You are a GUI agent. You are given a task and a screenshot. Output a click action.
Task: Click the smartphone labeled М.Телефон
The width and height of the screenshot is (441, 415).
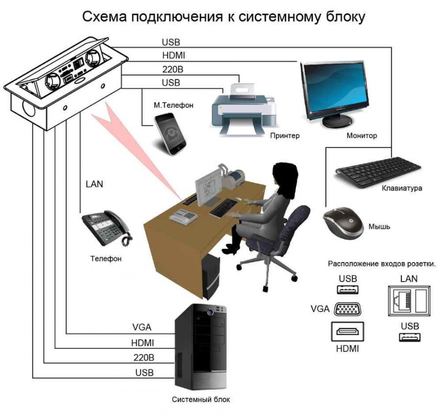click(170, 134)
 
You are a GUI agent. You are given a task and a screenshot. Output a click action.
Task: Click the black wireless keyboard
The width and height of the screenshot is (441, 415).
click(378, 172)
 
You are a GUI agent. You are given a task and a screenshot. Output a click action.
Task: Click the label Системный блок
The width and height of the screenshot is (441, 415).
click(201, 399)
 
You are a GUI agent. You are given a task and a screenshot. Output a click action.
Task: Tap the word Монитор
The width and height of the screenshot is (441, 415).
click(362, 135)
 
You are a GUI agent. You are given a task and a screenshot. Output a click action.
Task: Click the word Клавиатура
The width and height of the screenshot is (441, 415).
click(402, 188)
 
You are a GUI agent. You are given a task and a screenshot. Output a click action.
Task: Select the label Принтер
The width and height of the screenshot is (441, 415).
click(285, 136)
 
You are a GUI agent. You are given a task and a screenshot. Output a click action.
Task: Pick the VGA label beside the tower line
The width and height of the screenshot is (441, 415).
click(142, 327)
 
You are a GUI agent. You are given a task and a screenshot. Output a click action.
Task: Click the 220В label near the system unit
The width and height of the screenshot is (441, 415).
click(144, 358)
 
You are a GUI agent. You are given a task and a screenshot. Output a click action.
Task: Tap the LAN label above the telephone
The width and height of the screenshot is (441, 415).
click(94, 184)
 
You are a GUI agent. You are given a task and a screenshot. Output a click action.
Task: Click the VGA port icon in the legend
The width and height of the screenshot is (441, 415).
click(347, 309)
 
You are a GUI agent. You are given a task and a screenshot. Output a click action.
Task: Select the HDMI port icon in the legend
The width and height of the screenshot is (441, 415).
click(347, 332)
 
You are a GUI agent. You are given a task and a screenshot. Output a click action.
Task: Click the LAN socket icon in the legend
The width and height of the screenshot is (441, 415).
click(409, 301)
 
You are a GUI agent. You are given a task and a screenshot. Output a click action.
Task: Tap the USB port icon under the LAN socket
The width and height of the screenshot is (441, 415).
click(410, 337)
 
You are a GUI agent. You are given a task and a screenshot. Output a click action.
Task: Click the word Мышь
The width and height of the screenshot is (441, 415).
click(379, 226)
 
